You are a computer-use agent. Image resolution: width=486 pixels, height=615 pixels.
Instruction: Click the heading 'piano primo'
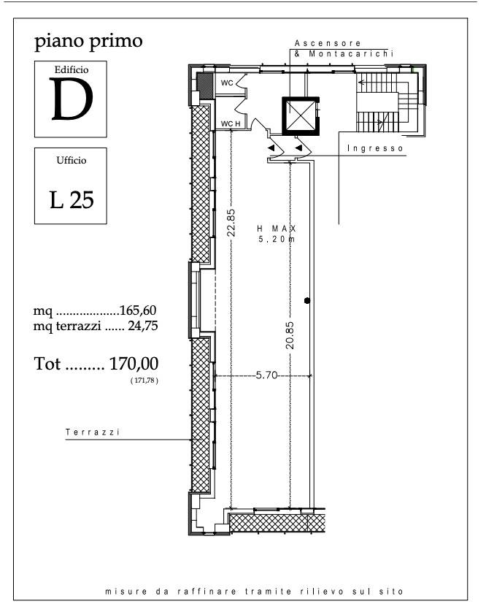pos(88,42)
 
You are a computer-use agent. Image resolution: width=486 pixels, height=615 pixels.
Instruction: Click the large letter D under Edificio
pos(72,99)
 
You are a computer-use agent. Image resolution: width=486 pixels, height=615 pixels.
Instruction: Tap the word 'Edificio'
pos(72,70)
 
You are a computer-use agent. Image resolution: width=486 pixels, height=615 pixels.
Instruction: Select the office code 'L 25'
pos(72,199)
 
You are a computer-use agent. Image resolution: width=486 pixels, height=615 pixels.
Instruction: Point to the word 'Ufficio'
pos(72,160)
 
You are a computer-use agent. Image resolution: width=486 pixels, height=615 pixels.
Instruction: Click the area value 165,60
pos(138,310)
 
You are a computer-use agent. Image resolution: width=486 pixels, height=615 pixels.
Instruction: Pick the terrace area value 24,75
pos(143,326)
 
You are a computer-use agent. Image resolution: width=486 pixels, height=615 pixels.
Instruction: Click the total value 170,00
pos(134,364)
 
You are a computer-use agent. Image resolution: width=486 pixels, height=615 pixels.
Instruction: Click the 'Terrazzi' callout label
pos(93,432)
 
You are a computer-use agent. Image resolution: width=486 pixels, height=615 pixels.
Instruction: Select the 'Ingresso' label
pos(375,148)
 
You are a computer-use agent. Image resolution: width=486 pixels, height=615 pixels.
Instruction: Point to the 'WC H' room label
pos(231,124)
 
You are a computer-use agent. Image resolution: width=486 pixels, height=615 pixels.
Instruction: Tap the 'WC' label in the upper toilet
pos(227,83)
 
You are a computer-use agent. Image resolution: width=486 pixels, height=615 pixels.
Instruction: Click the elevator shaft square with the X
pos(301,115)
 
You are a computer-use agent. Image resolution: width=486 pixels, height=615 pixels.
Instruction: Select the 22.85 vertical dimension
pos(231,222)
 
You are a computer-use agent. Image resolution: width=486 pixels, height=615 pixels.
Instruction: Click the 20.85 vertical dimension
pos(290,335)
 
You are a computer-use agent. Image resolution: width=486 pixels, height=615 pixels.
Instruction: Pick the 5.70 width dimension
pos(266,375)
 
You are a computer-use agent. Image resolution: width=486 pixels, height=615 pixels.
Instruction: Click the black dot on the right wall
pos(307,300)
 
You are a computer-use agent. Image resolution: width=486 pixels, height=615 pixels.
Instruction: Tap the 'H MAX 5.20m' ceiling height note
pos(277,234)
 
